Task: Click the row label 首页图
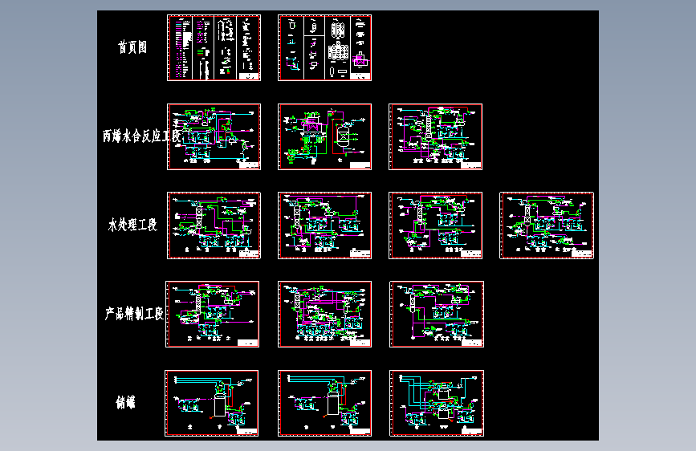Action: pyautogui.click(x=132, y=47)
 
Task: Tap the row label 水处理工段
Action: pyautogui.click(x=132, y=225)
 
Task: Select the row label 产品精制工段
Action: pyautogui.click(x=134, y=314)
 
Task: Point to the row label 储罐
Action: pyautogui.click(x=125, y=402)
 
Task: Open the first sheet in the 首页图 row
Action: pyautogui.click(x=214, y=47)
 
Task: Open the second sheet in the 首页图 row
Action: pyautogui.click(x=325, y=47)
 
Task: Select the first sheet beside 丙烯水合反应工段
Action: pyautogui.click(x=214, y=136)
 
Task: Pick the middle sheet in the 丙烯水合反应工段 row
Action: pyautogui.click(x=325, y=136)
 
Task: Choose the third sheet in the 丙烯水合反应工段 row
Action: pyautogui.click(x=436, y=136)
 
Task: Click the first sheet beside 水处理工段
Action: pyautogui.click(x=214, y=225)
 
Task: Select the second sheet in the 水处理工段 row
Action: pyautogui.click(x=325, y=225)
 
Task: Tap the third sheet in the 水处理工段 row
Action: pyautogui.click(x=436, y=225)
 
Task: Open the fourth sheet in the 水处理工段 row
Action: pyautogui.click(x=547, y=225)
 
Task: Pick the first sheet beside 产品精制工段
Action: pyautogui.click(x=213, y=314)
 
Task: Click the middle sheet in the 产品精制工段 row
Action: pyautogui.click(x=325, y=314)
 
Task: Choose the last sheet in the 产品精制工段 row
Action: pyautogui.click(x=436, y=314)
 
